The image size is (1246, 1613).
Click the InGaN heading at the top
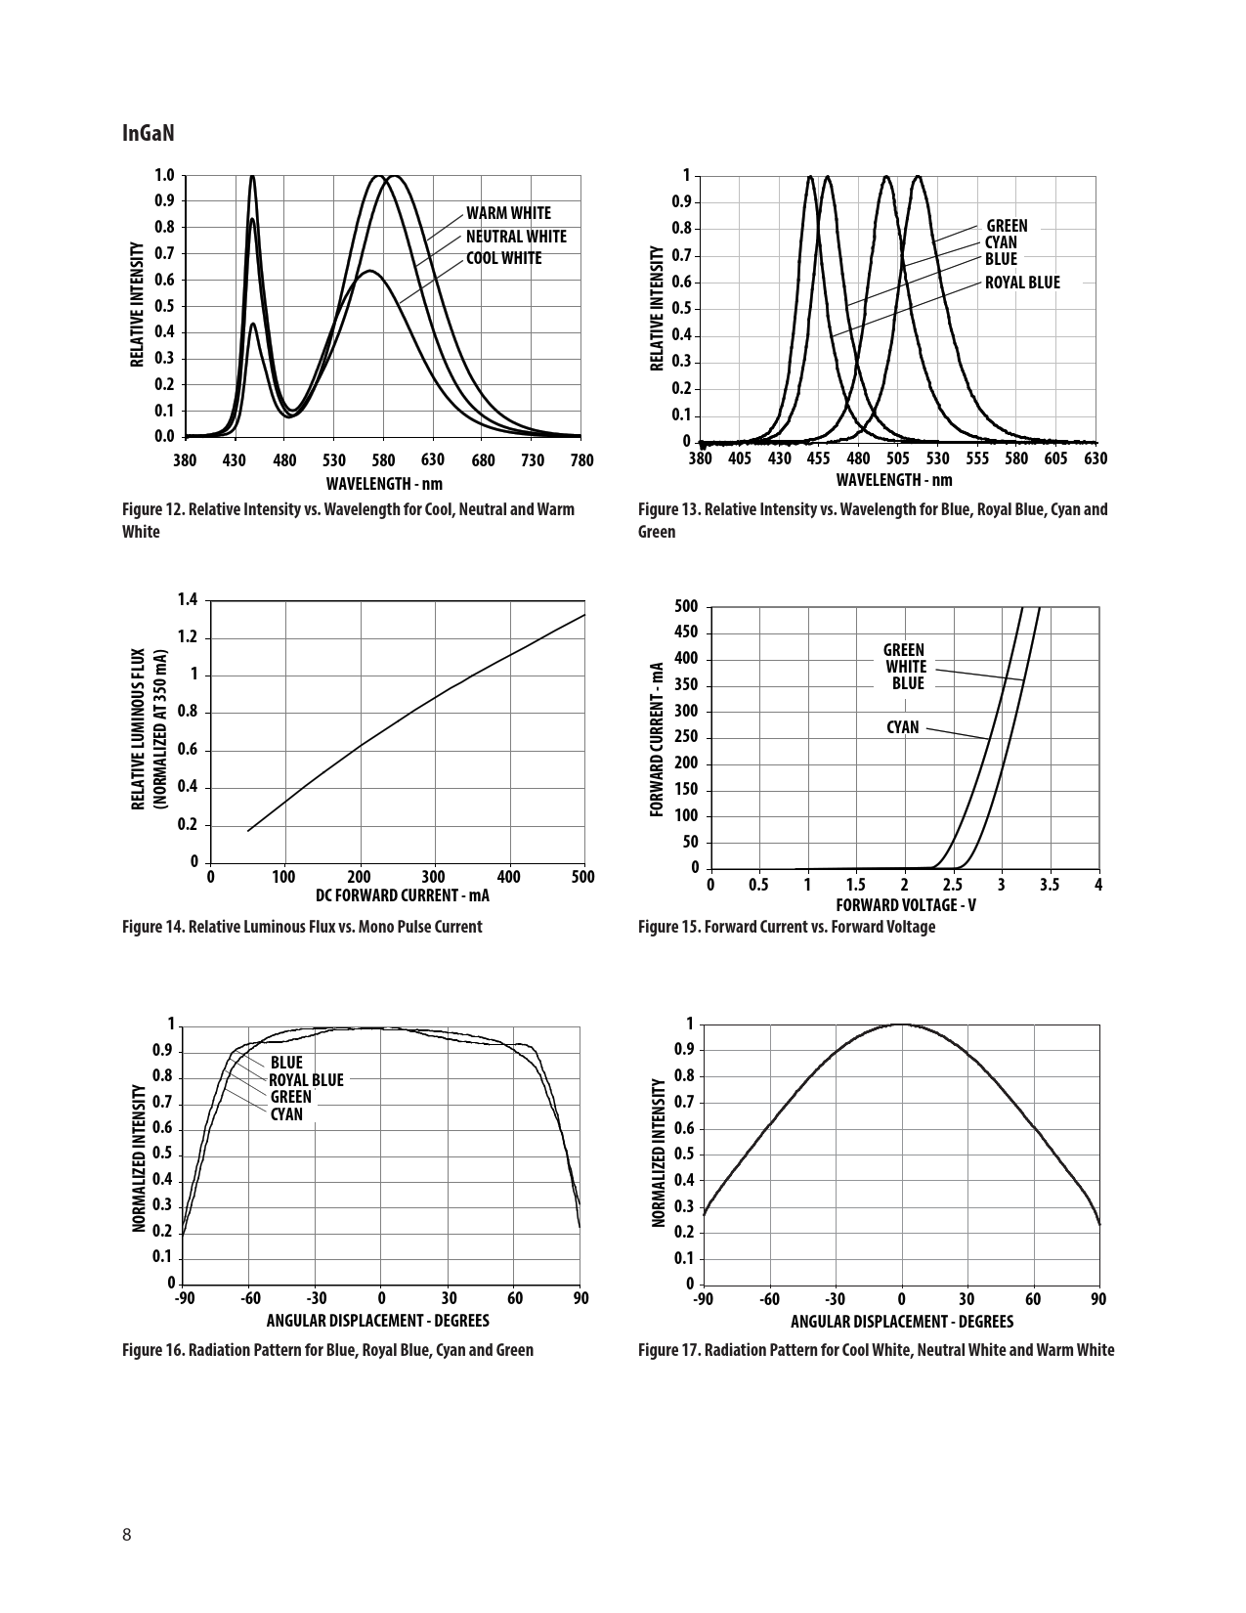click(149, 133)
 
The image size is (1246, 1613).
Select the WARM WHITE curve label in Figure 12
click(508, 213)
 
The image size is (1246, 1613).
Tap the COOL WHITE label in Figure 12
click(503, 258)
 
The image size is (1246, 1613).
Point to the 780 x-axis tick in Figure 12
click(581, 459)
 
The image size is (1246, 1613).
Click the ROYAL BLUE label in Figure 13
click(1021, 283)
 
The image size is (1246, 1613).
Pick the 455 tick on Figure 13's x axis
click(819, 458)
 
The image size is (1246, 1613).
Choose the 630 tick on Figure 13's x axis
click(1096, 458)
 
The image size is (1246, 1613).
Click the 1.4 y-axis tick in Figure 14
click(188, 599)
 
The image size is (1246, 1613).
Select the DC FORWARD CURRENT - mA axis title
click(403, 895)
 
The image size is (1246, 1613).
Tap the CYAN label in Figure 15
click(903, 727)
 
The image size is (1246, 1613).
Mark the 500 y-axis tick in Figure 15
click(687, 607)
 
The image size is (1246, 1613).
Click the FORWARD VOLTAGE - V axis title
click(906, 905)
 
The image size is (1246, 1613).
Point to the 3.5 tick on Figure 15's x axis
click(1050, 885)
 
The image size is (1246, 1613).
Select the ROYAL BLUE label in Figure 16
click(306, 1080)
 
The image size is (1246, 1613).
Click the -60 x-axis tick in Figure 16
click(250, 1298)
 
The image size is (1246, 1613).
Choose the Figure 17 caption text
click(876, 1350)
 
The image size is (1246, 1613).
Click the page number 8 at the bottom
click(127, 1533)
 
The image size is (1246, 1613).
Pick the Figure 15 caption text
click(786, 927)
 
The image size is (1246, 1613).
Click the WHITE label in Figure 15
click(906, 667)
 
